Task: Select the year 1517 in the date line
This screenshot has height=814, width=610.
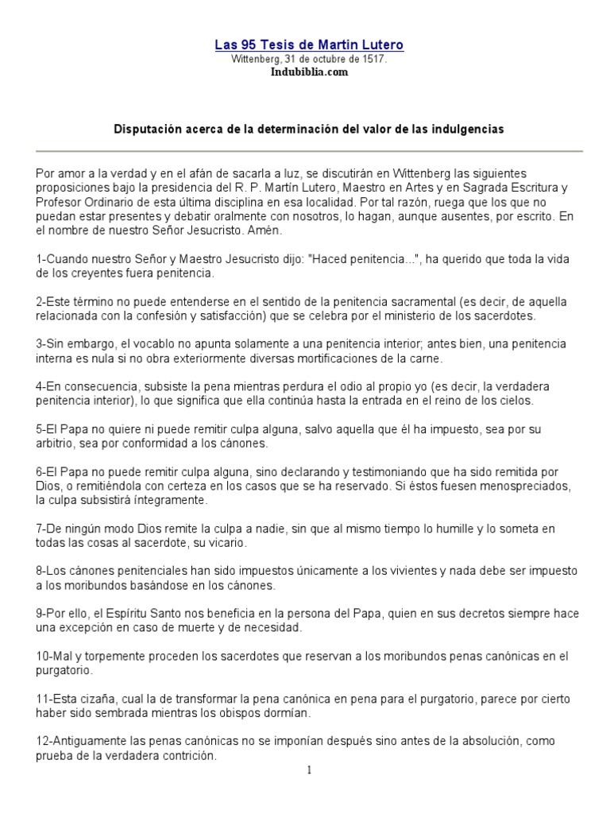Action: tap(374, 59)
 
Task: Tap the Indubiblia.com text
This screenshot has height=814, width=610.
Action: tap(304, 72)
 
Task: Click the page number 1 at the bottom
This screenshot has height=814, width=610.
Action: tap(310, 770)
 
